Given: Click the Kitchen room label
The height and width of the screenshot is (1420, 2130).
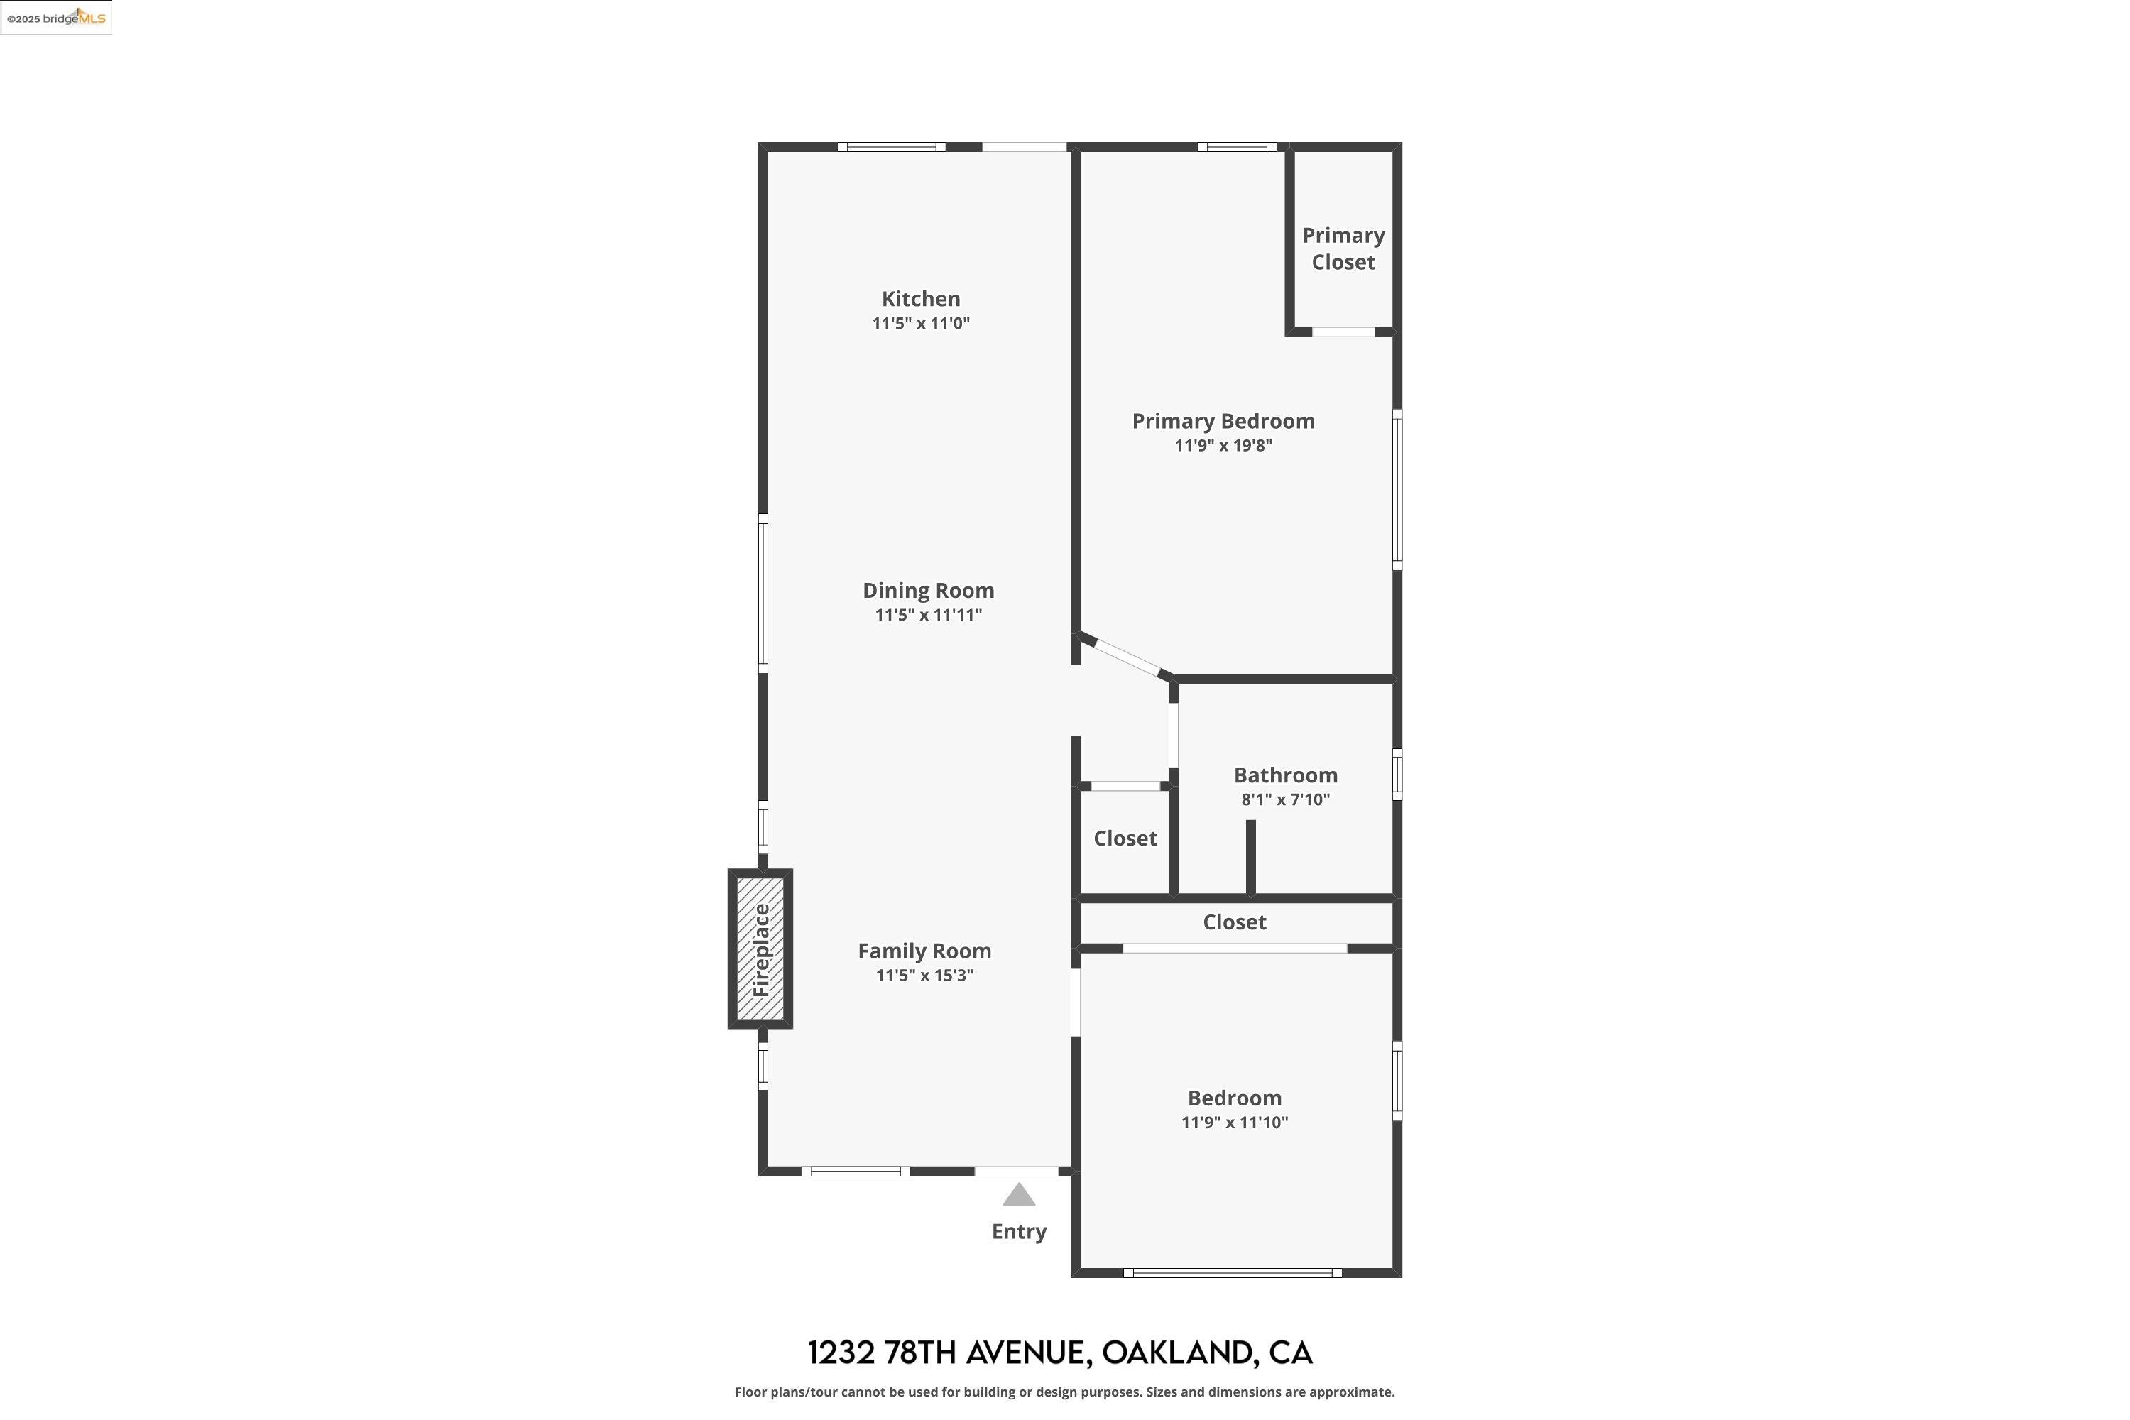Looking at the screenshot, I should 920,299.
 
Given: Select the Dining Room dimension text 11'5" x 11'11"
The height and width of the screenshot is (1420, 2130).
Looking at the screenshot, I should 927,615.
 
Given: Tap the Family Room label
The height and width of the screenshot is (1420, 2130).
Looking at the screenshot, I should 924,951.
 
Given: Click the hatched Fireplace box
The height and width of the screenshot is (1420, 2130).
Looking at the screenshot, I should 760,949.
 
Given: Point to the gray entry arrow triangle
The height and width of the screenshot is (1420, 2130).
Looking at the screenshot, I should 1018,1196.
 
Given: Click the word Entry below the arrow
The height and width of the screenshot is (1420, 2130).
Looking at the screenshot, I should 1018,1232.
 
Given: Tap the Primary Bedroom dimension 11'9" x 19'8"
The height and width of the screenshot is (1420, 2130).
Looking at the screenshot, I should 1223,446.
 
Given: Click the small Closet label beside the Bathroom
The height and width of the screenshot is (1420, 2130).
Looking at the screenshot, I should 1124,839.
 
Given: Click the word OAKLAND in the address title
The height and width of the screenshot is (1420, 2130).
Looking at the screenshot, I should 1176,1353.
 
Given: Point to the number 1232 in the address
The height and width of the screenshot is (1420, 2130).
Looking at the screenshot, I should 841,1353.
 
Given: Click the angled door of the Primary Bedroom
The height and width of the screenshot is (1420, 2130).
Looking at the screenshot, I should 1127,657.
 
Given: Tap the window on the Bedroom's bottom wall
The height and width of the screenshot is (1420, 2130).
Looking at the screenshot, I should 1232,1273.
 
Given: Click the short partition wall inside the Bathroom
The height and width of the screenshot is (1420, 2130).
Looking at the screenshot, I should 1250,857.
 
